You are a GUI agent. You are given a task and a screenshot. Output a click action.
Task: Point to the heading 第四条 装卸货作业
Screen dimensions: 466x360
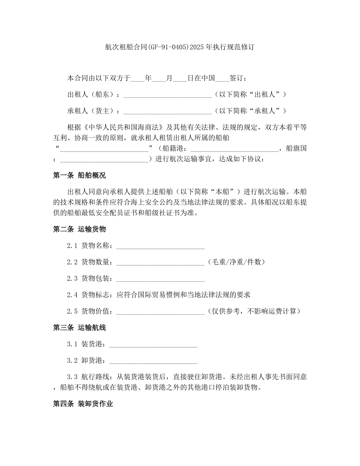pos(83,404)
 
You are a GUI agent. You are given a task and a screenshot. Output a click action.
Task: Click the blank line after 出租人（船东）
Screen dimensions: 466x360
pos(167,95)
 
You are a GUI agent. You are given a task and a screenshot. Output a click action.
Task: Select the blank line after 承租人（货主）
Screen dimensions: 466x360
pos(167,112)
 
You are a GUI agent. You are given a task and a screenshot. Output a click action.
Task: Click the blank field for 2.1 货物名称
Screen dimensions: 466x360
pos(160,246)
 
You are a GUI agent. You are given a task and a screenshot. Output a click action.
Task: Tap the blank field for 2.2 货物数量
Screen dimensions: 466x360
pos(160,263)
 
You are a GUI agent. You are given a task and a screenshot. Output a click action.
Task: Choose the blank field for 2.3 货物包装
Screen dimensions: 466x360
pos(160,279)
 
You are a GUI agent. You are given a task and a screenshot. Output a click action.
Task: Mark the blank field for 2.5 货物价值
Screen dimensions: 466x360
pos(160,312)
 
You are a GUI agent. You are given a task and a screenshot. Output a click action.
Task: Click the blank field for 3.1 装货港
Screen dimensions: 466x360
pos(153,345)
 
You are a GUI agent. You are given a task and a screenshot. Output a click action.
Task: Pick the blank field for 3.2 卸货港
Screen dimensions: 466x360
pos(153,361)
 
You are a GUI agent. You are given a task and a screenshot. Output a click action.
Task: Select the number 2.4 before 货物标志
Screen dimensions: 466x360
pos(72,295)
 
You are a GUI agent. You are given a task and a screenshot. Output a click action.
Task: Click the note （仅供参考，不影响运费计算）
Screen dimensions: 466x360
pos(254,311)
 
